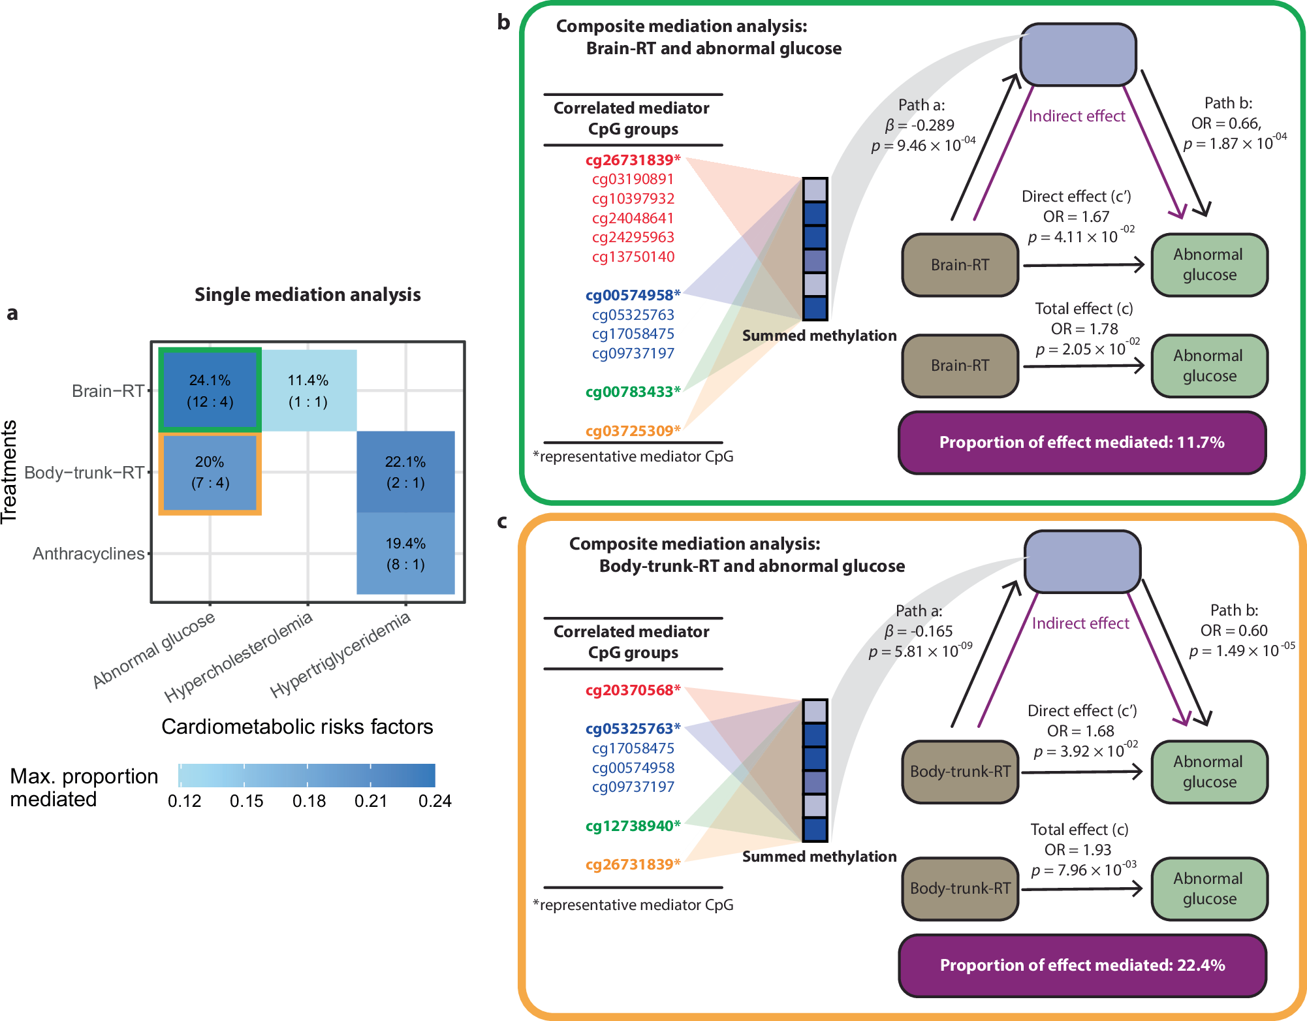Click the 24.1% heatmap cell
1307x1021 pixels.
click(x=210, y=390)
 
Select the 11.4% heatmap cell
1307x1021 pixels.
click(x=308, y=390)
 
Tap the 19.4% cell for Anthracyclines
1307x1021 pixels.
click(x=405, y=554)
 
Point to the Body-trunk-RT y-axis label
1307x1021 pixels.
click(x=84, y=473)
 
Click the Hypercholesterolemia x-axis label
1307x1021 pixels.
click(x=238, y=657)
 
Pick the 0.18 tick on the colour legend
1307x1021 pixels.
click(x=309, y=801)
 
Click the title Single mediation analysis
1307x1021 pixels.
click(x=307, y=294)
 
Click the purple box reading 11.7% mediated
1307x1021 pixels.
click(x=1082, y=443)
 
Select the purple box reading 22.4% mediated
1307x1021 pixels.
click(x=1082, y=965)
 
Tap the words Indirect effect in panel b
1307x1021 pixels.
click(x=1077, y=116)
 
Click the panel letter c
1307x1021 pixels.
click(x=502, y=521)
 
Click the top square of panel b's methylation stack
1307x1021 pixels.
click(x=815, y=190)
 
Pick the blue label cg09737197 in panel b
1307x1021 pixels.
click(x=633, y=353)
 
